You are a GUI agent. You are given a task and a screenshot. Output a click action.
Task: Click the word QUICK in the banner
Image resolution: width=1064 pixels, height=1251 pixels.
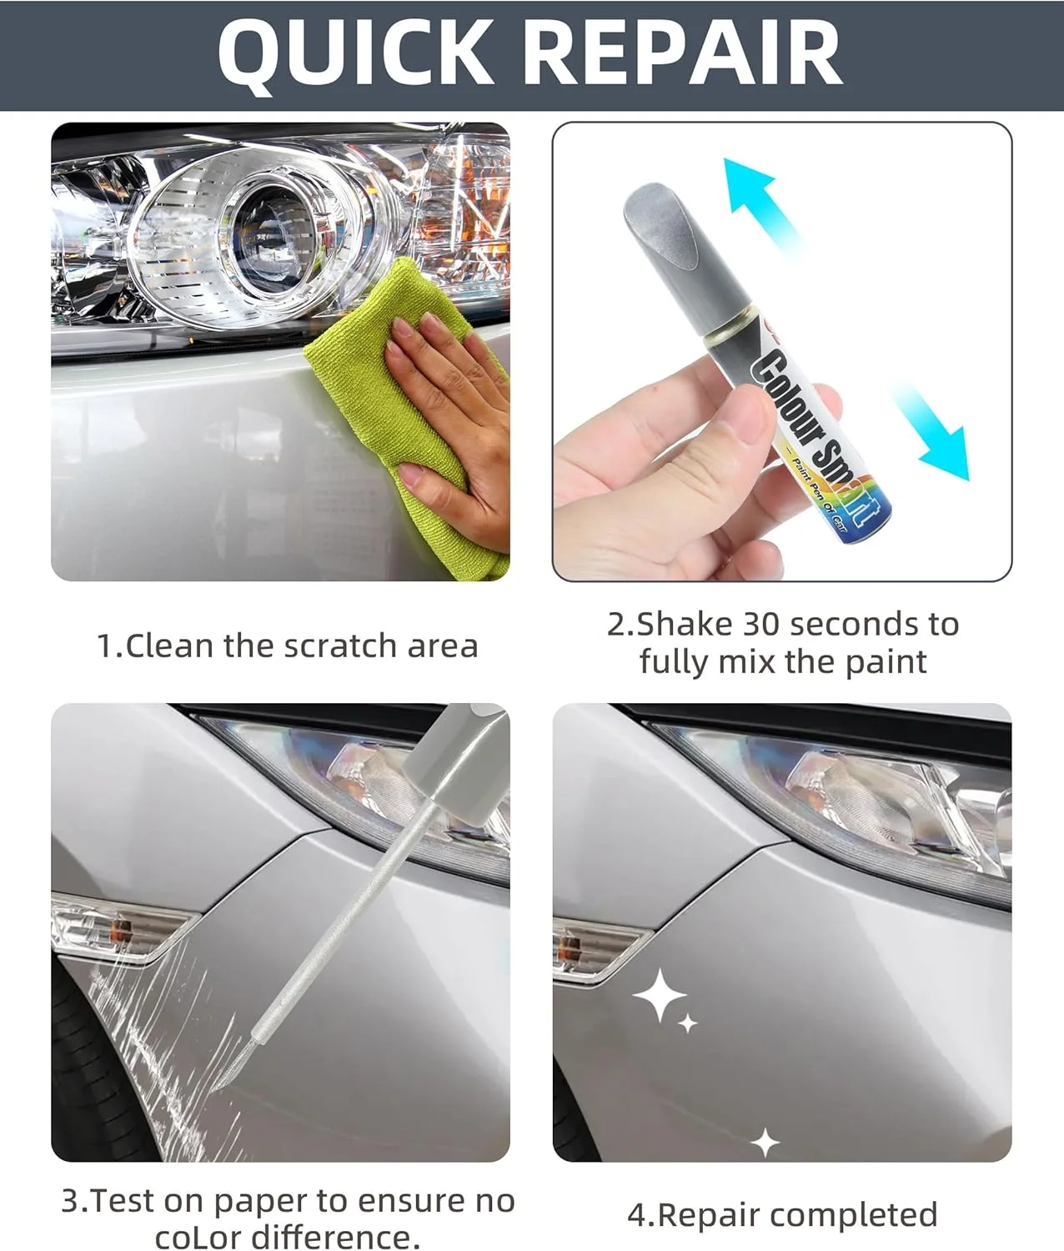(x=354, y=54)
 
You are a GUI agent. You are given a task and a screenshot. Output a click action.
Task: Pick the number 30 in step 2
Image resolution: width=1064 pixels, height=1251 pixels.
(x=763, y=625)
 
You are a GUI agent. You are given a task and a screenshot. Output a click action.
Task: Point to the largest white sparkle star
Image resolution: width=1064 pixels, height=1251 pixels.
(x=659, y=995)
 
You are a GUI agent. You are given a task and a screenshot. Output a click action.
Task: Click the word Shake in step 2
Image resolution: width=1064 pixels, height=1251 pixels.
(x=685, y=625)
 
